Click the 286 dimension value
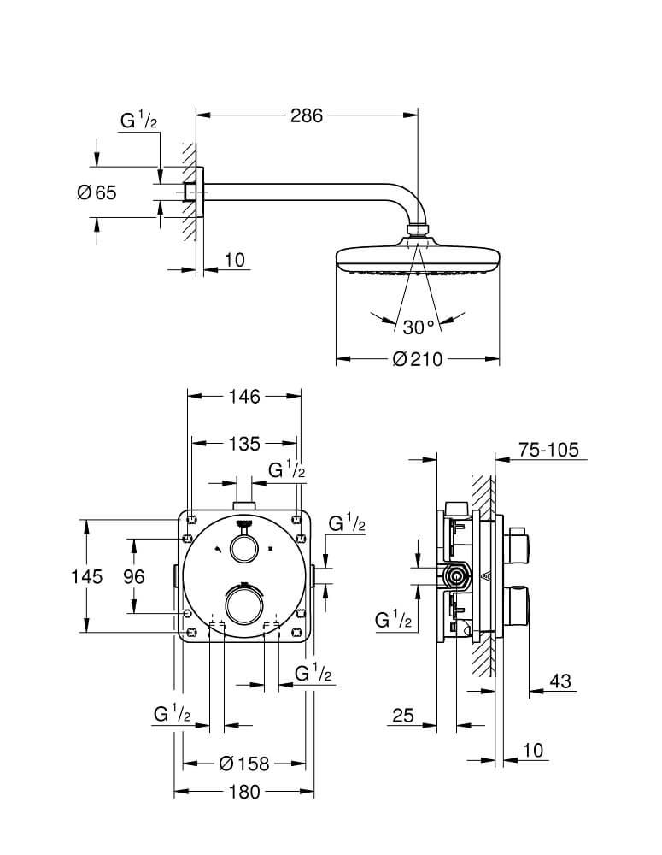pos(306,115)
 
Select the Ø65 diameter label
pos(97,192)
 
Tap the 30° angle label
pos(419,327)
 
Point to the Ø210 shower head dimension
pos(418,359)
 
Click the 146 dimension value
pos(244,397)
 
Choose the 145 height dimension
pos(86,576)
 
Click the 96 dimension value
pos(133,576)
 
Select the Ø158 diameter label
pos(244,764)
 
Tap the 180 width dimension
pos(244,792)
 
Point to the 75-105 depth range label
pos(548,450)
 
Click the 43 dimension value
pos(560,681)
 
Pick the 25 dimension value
pos(403,716)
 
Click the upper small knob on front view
pos(243,548)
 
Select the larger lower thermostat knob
pos(244,604)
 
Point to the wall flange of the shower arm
pos(200,192)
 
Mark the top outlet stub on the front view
pos(244,504)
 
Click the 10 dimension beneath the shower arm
pos(235,260)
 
